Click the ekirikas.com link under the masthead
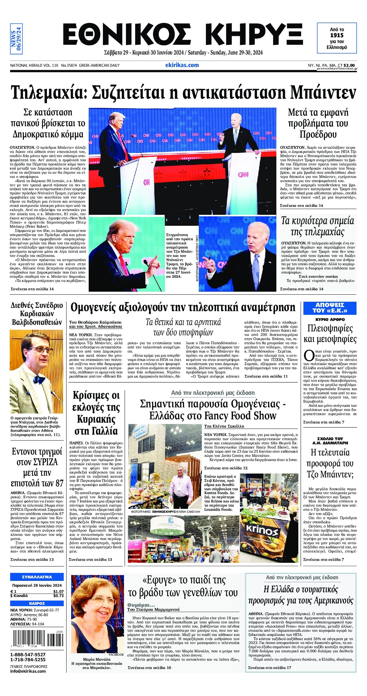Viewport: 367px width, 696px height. (x=182, y=65)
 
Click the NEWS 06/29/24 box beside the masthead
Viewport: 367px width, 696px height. (x=16, y=39)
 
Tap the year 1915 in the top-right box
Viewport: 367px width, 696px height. (x=337, y=35)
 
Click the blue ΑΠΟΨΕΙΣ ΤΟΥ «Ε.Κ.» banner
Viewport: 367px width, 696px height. (x=330, y=308)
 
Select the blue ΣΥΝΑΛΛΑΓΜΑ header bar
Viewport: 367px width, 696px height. (x=37, y=577)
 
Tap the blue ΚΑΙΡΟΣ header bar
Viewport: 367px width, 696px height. (x=37, y=603)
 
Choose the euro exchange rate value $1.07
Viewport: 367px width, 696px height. (x=58, y=592)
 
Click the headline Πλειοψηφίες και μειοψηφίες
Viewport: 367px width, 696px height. (x=330, y=334)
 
